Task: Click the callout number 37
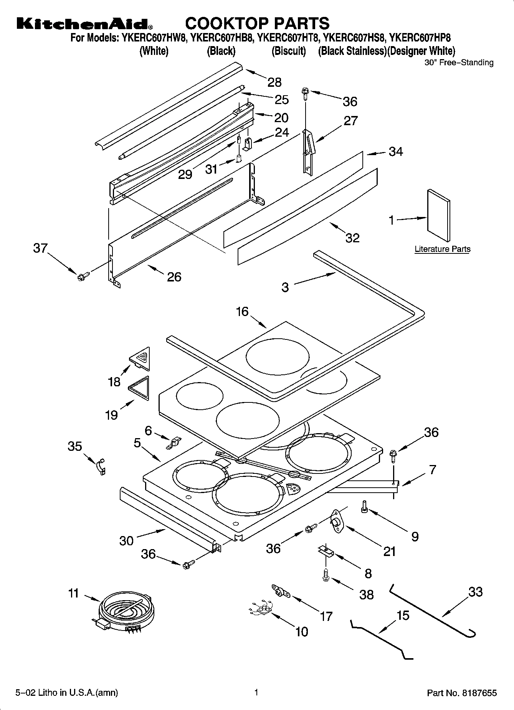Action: click(x=40, y=248)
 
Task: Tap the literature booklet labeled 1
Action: click(x=438, y=215)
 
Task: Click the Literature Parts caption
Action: click(x=442, y=249)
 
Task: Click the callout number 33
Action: click(x=475, y=592)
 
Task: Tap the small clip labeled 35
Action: click(x=101, y=466)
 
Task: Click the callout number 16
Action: click(x=242, y=311)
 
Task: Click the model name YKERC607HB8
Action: click(x=221, y=38)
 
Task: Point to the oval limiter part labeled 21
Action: click(x=337, y=522)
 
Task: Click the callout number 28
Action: click(x=274, y=82)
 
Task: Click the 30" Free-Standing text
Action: click(x=459, y=63)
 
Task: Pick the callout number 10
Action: click(x=302, y=631)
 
